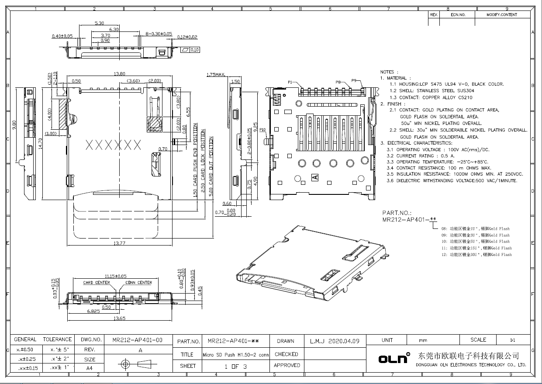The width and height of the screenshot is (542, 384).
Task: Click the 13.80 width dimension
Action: coord(119,74)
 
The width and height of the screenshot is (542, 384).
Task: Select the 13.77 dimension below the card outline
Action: coord(119,242)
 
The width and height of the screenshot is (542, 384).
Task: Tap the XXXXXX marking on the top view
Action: coord(114,145)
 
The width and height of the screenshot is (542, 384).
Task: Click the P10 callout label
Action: coord(262,130)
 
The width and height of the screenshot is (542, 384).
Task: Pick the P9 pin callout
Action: coord(354,80)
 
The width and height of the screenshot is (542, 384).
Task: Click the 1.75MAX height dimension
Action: coord(215,75)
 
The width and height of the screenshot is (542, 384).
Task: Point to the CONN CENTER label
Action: coord(138,283)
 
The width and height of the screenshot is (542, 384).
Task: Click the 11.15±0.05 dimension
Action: coord(115,276)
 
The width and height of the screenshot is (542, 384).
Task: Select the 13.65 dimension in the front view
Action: coord(119,318)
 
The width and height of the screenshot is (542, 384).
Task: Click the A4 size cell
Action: coord(90,368)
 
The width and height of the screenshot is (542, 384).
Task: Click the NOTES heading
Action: coord(387,72)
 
